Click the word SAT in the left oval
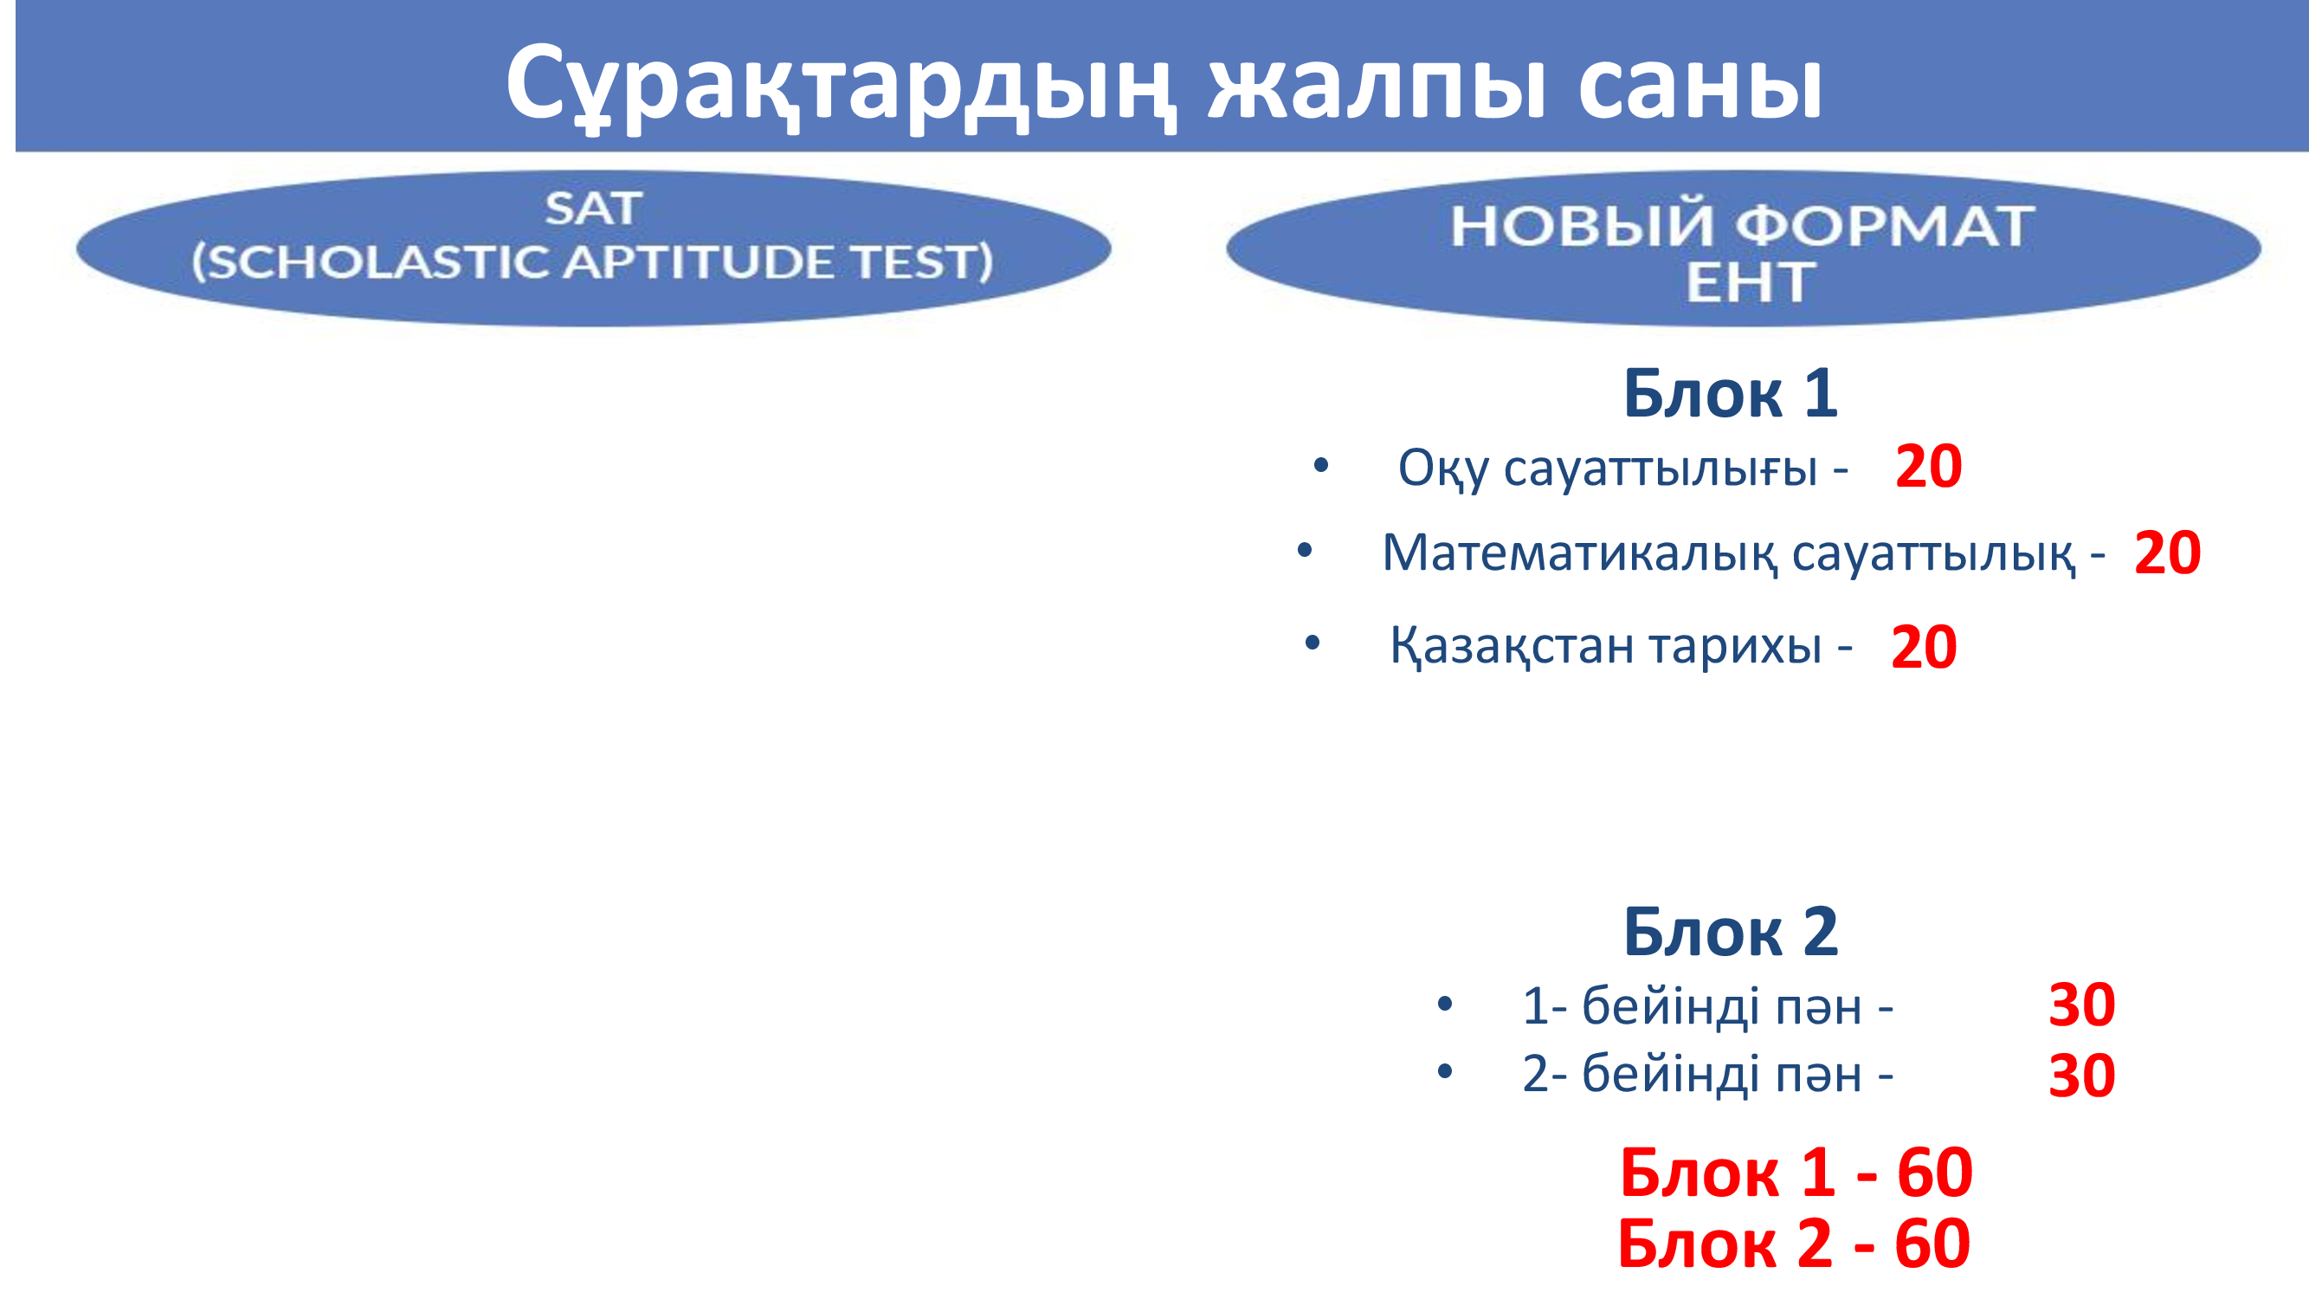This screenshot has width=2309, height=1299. [x=593, y=209]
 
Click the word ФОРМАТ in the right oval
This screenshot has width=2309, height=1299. [x=1891, y=226]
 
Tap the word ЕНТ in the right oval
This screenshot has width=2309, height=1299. [x=1751, y=282]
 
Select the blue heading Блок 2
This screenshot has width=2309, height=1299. [x=1731, y=932]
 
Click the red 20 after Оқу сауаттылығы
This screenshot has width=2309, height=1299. [x=1929, y=466]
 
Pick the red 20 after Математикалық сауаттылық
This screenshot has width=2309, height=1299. [x=2167, y=553]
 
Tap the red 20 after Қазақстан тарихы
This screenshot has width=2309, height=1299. [x=1924, y=646]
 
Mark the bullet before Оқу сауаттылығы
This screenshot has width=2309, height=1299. [x=1320, y=465]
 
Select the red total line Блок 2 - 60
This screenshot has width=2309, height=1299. [x=1794, y=1243]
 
